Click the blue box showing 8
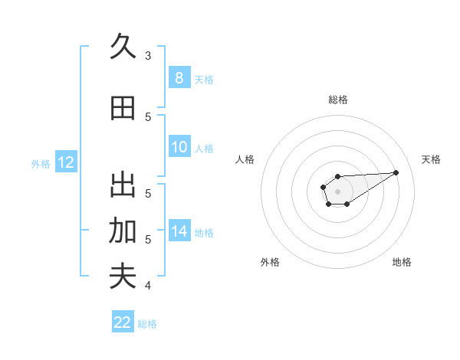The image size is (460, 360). click(x=179, y=78)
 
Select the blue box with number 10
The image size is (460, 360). click(x=179, y=148)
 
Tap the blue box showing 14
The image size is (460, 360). click(x=179, y=232)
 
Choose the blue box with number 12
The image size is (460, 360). click(x=65, y=162)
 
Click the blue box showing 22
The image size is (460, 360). click(x=123, y=322)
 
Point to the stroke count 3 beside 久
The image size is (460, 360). click(x=147, y=55)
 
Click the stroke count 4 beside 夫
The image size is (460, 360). click(x=147, y=286)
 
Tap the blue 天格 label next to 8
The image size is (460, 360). click(x=204, y=79)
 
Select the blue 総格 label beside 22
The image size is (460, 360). click(x=147, y=324)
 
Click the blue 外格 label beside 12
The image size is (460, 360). click(x=41, y=163)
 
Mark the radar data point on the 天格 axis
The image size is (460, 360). click(x=396, y=172)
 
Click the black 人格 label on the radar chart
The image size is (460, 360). click(x=245, y=159)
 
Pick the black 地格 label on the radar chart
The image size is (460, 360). click(x=402, y=262)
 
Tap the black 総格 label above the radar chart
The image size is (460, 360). click(x=338, y=100)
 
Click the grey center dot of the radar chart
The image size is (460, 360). click(x=337, y=190)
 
